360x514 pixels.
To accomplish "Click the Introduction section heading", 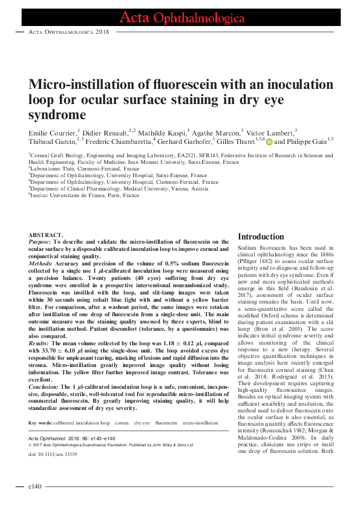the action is point(260,236).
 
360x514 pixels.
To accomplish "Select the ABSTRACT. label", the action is point(46,235).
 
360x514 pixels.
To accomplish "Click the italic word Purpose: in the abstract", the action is point(41,241).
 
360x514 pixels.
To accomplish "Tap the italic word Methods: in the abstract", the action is point(41,264).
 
